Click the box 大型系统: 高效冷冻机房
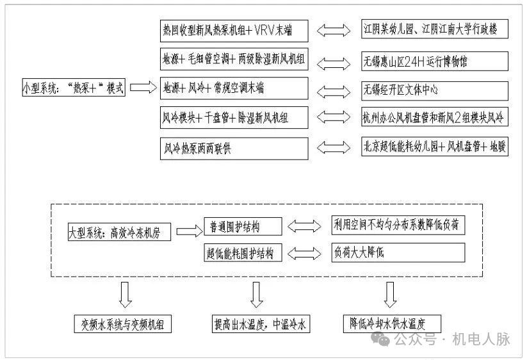(119, 232)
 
